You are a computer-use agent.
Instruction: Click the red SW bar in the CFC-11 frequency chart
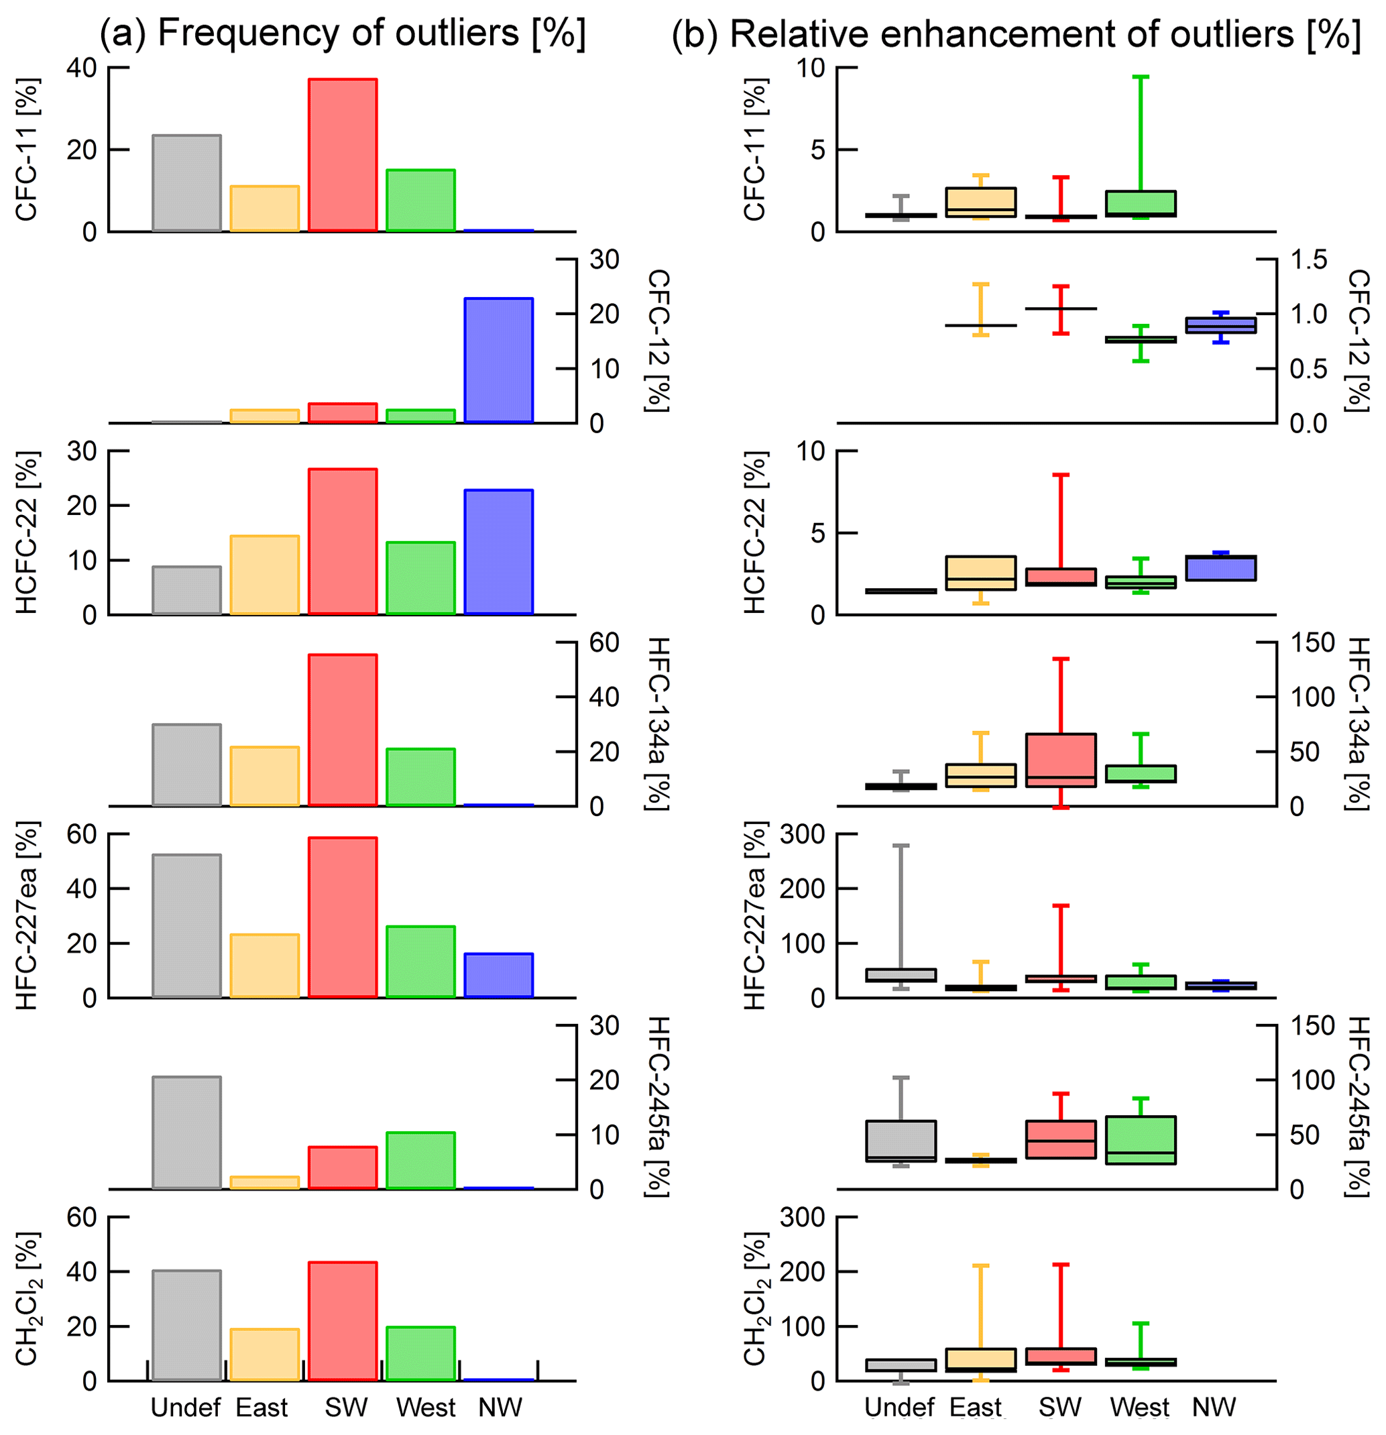point(342,154)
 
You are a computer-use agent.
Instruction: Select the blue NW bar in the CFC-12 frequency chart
point(499,359)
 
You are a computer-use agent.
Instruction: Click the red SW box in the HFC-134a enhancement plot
point(1060,760)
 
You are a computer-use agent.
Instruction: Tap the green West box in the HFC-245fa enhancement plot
point(1140,1140)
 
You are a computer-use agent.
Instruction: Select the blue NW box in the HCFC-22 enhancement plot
point(1220,568)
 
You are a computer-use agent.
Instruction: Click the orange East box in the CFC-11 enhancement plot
point(980,202)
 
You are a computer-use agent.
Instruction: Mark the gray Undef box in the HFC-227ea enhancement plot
point(900,975)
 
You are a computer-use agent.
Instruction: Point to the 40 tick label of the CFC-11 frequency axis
point(81,68)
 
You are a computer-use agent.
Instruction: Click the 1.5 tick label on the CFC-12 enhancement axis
point(1308,260)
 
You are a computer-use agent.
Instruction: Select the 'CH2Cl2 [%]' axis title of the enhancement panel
point(754,1299)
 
